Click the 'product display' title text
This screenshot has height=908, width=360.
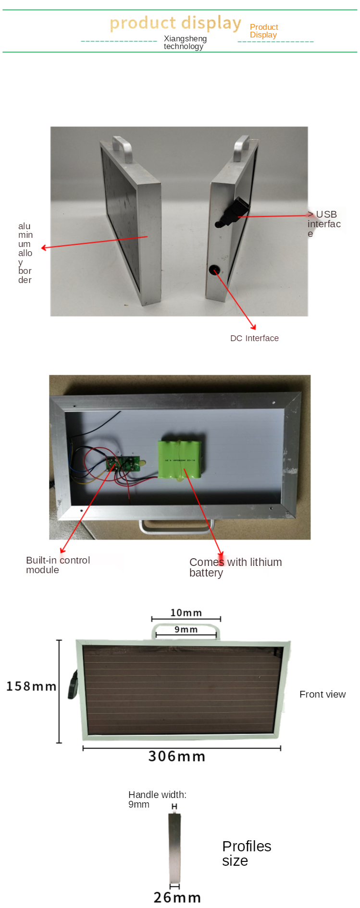[175, 23]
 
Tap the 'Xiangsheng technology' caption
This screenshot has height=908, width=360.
[185, 42]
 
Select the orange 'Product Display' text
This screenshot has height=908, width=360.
[264, 31]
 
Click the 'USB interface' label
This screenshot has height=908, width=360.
[324, 223]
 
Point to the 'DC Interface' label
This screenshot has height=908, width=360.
[254, 338]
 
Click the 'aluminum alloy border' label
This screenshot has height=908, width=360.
[25, 253]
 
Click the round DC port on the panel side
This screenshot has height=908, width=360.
[214, 270]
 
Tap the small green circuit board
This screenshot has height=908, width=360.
[123, 465]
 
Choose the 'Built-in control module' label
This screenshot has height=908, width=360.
[58, 565]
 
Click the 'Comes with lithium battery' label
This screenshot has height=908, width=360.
[235, 567]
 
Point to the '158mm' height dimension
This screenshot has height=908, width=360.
[31, 686]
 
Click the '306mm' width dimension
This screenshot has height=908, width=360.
[176, 756]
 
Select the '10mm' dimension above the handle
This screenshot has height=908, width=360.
[186, 613]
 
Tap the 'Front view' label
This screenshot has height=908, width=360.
[322, 694]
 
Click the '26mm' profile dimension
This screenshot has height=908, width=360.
[177, 897]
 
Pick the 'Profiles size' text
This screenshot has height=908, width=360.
[246, 853]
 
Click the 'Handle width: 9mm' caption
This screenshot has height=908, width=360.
[157, 799]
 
